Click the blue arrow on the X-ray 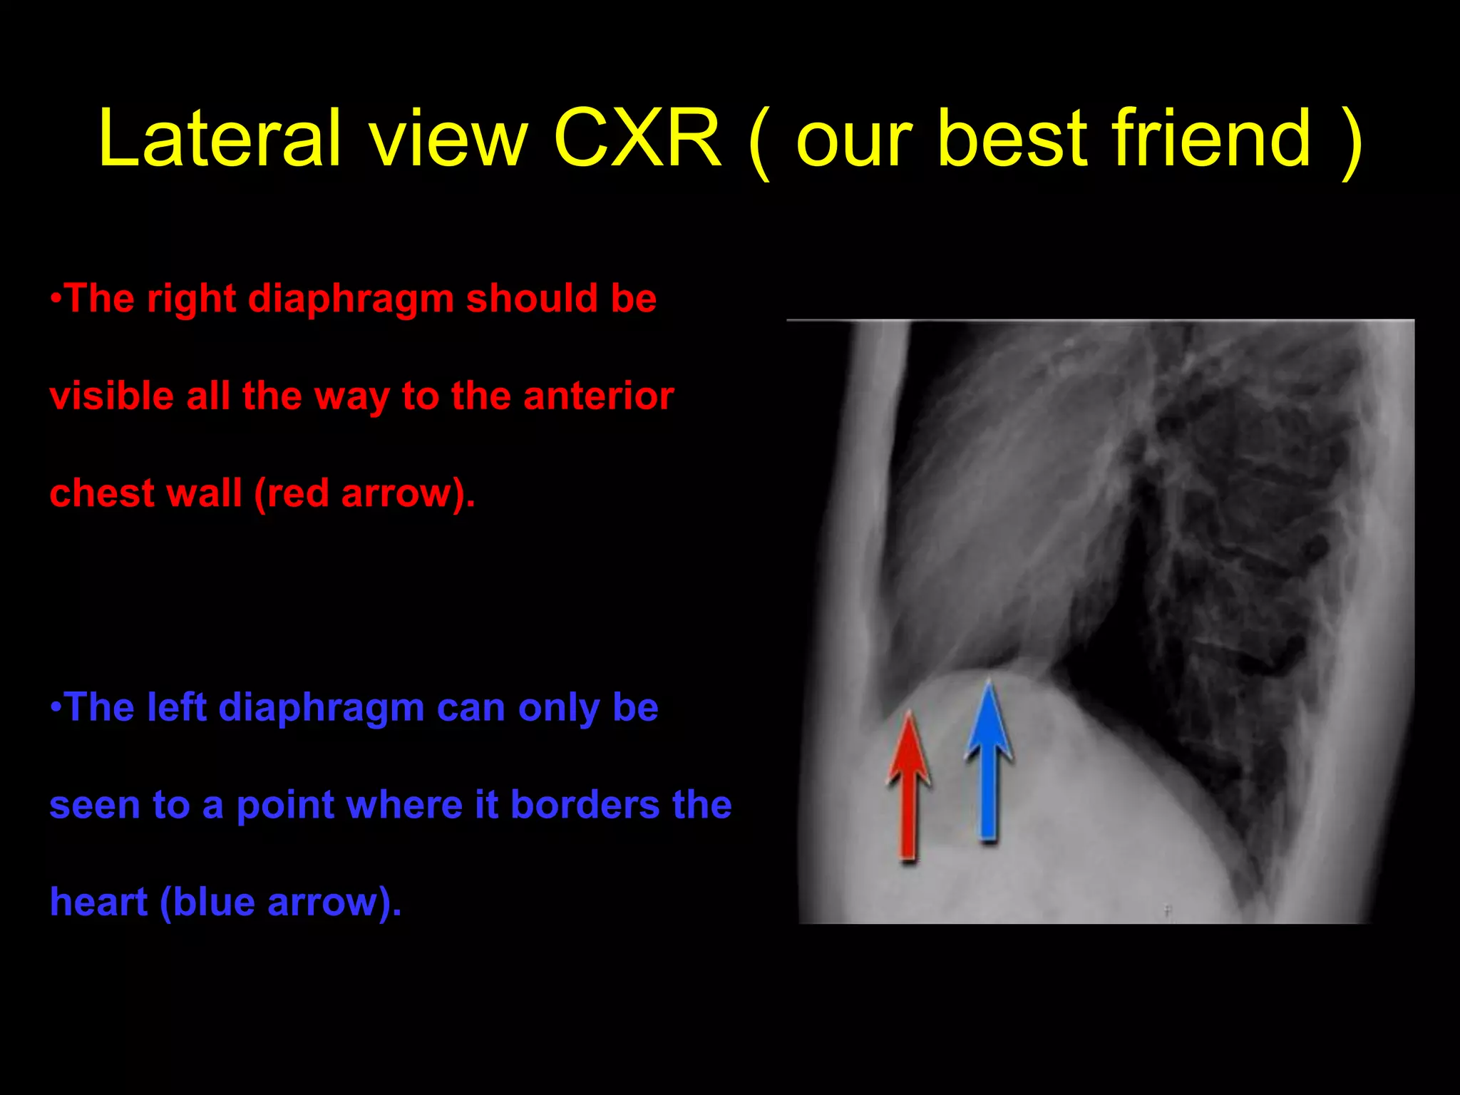point(988,763)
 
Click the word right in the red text point(190,299)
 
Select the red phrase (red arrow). point(364,494)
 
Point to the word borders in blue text point(585,806)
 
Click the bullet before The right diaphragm point(56,298)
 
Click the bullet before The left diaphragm point(56,707)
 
